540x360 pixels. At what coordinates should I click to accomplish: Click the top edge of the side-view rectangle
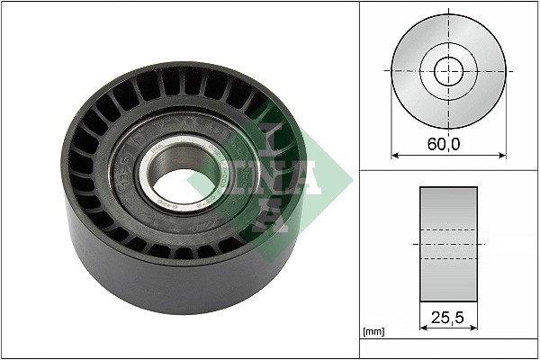point(448,187)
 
